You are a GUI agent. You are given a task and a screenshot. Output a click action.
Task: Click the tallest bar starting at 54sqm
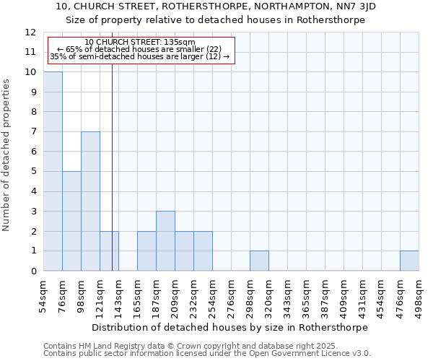[53, 171]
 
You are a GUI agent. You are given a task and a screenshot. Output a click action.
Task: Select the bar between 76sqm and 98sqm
[71, 221]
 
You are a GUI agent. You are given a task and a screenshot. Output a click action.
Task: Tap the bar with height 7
[90, 201]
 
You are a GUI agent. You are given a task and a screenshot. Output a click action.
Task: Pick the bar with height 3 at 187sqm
[165, 241]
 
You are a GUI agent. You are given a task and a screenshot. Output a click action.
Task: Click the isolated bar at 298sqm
[259, 261]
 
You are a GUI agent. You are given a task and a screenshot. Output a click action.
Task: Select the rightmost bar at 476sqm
[409, 261]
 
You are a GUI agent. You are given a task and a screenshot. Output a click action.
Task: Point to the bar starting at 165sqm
[146, 251]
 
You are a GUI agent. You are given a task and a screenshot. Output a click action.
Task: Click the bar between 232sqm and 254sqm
[203, 251]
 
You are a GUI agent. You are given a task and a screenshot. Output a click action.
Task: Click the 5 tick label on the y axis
[33, 172]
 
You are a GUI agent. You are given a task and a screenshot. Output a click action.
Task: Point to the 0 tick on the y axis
[33, 271]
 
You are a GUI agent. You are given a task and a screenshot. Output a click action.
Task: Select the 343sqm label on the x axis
[287, 296]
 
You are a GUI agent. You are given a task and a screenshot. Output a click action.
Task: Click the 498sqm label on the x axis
[419, 296]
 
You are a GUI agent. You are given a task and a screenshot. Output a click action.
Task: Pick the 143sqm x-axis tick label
[118, 296]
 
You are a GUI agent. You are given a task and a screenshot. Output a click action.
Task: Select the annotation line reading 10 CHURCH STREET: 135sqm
[139, 43]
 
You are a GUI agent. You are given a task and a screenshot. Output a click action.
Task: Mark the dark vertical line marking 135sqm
[112, 166]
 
